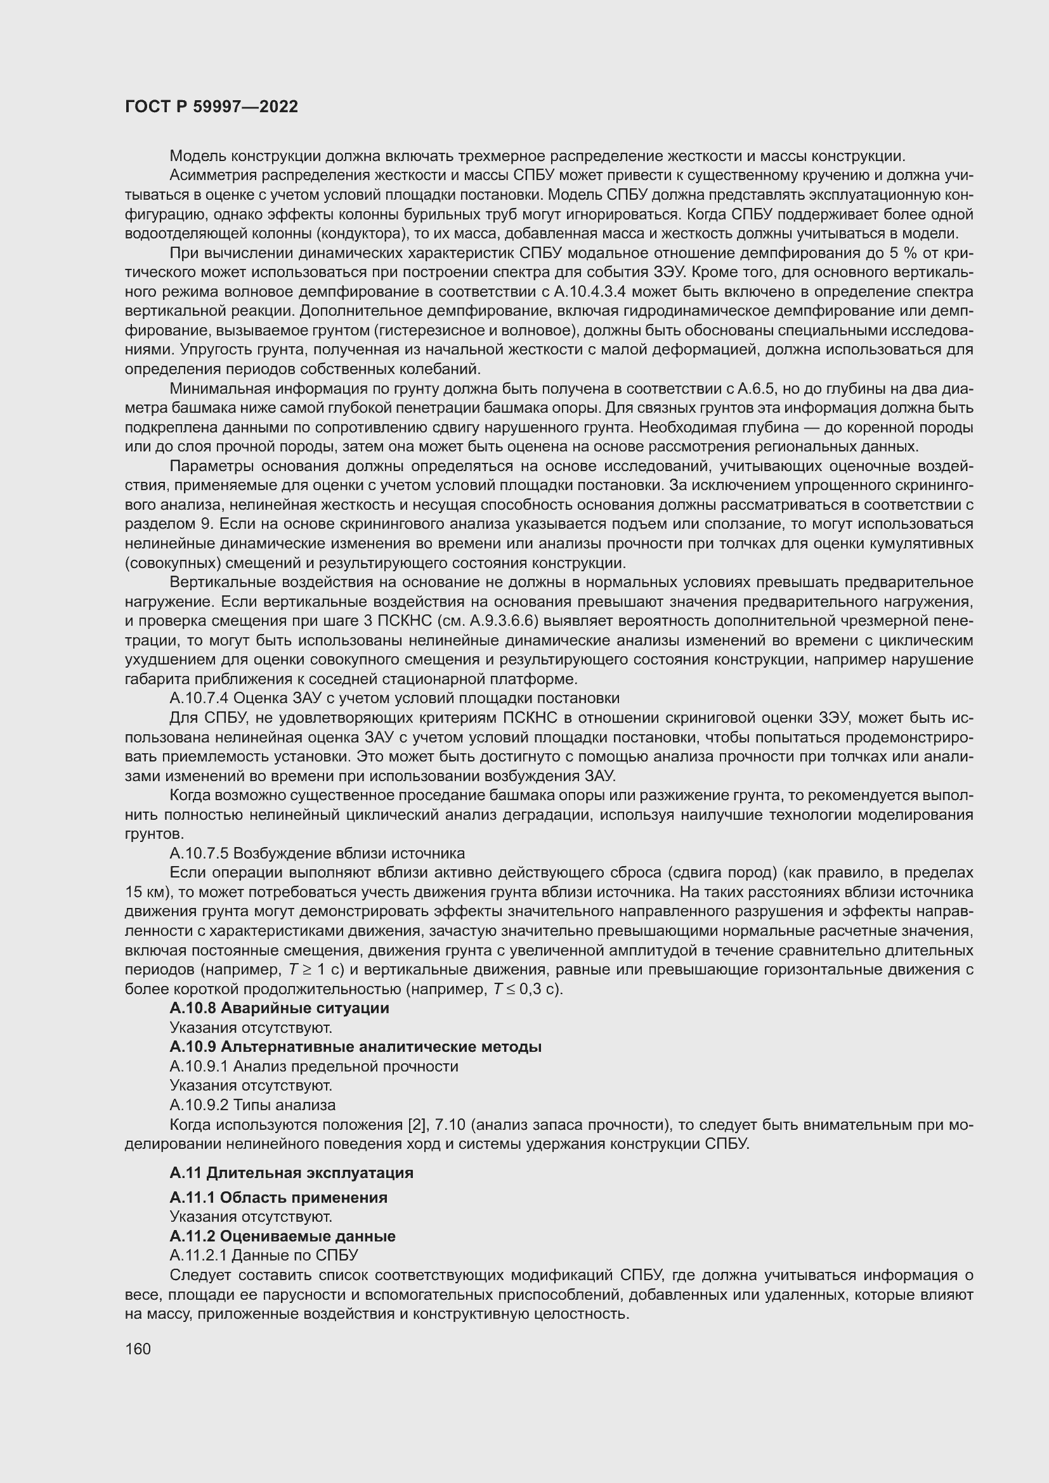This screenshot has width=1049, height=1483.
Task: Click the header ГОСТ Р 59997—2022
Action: [x=211, y=107]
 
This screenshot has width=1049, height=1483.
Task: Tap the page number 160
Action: [x=138, y=1349]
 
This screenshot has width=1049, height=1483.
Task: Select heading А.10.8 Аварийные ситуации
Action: [x=279, y=1008]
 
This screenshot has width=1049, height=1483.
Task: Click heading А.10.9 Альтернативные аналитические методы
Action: [x=355, y=1047]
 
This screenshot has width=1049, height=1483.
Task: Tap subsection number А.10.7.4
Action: [x=199, y=698]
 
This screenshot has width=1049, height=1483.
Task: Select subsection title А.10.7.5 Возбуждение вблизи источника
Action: [x=317, y=853]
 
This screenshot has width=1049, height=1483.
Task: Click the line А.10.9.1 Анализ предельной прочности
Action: [x=314, y=1066]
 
